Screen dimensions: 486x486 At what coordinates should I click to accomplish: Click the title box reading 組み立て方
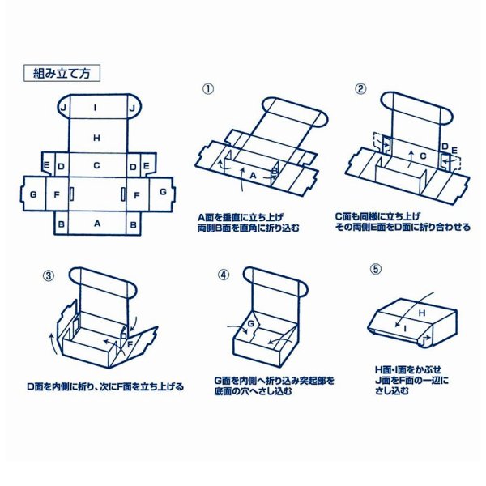[x=62, y=73]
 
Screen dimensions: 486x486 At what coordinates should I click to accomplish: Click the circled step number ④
[x=224, y=274]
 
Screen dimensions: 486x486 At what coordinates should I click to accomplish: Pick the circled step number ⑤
[x=376, y=269]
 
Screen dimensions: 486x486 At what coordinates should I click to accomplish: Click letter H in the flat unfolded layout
[x=96, y=139]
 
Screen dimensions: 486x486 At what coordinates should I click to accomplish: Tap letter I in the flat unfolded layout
[x=96, y=107]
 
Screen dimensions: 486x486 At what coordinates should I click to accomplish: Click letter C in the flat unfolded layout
[x=96, y=166]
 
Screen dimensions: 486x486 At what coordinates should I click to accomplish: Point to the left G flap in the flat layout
[x=32, y=194]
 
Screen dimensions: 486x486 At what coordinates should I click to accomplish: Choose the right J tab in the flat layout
[x=131, y=107]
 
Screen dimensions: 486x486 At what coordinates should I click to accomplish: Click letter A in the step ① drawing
[x=252, y=174]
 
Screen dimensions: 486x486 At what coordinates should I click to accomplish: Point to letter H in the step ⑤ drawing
[x=422, y=311]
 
